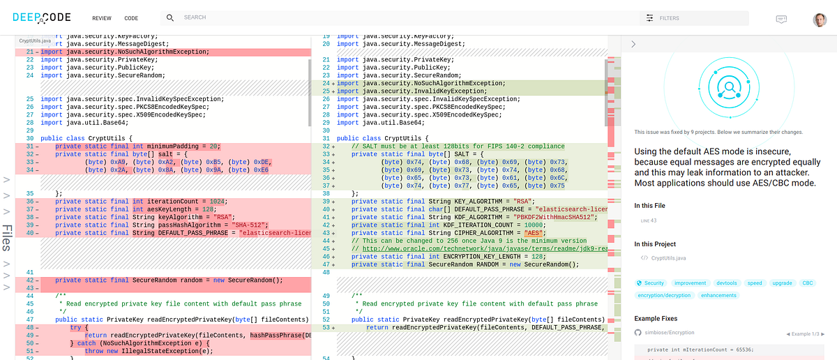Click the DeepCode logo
(x=42, y=17)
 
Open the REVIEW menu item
(x=101, y=18)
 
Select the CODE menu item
(x=131, y=18)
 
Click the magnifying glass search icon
(x=170, y=17)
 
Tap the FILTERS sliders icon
(x=650, y=18)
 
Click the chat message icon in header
(x=782, y=19)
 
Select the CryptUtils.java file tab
(x=35, y=42)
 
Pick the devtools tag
(x=726, y=283)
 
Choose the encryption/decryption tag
(x=664, y=295)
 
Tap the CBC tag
(x=807, y=283)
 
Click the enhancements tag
(x=718, y=295)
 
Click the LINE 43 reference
(x=649, y=220)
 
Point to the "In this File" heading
(x=649, y=205)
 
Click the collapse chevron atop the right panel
(x=633, y=44)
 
